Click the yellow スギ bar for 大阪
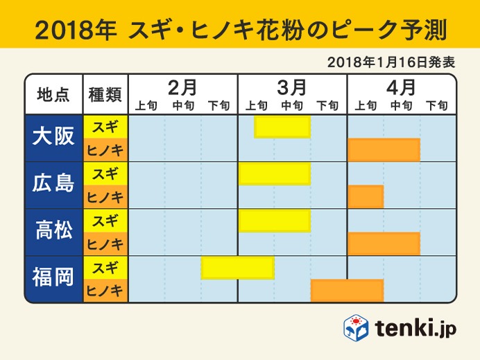click(x=282, y=127)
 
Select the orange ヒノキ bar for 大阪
click(x=384, y=150)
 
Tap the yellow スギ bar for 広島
click(x=274, y=173)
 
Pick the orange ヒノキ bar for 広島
click(x=366, y=196)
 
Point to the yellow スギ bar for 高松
click(x=274, y=220)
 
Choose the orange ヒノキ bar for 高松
click(x=384, y=243)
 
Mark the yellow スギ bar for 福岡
click(x=238, y=267)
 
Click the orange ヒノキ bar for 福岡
click(x=347, y=291)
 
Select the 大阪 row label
click(x=53, y=137)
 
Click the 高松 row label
click(x=53, y=231)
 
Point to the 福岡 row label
click(x=53, y=278)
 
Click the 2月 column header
click(x=183, y=87)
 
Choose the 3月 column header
click(x=292, y=87)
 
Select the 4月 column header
click(x=401, y=87)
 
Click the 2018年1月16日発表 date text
click(x=391, y=61)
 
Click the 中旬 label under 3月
click(x=292, y=105)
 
